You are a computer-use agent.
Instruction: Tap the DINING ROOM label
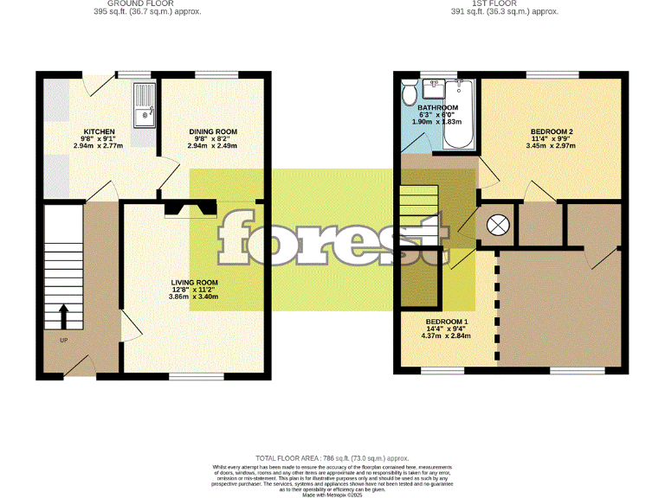pos(213,131)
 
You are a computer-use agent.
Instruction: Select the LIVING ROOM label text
pos(194,283)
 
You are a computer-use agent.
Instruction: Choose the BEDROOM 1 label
pos(446,322)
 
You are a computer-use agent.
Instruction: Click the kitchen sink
pos(143,104)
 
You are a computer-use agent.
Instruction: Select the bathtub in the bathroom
pos(458,112)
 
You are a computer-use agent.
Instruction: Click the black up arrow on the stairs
pos(63,316)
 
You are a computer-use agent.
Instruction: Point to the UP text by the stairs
pos(63,340)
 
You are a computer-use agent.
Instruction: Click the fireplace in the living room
pos(190,208)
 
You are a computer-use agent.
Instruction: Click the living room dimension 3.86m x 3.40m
pos(194,297)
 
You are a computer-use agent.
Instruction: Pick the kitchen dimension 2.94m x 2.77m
pos(98,145)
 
